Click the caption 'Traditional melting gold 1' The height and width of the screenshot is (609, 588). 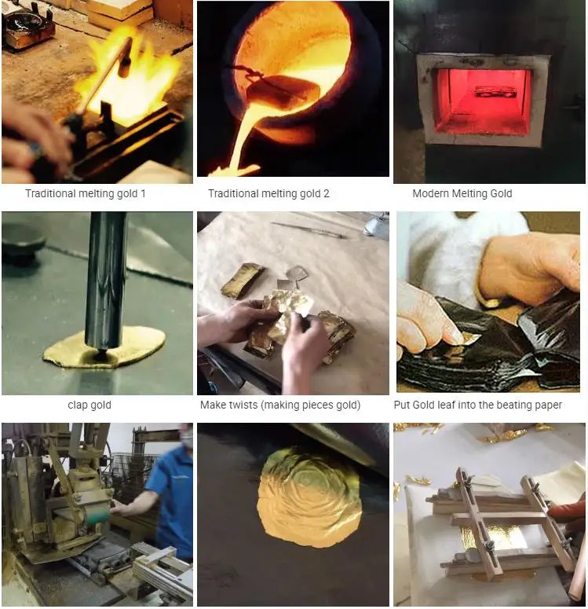pyautogui.click(x=86, y=193)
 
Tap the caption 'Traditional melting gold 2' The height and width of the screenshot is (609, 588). pyautogui.click(x=268, y=193)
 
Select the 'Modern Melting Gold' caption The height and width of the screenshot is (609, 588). pyautogui.click(x=462, y=193)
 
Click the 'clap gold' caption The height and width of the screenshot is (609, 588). pyautogui.click(x=89, y=405)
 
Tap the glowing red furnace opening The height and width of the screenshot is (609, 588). pyautogui.click(x=483, y=101)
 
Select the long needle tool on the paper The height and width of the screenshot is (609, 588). pyautogui.click(x=307, y=229)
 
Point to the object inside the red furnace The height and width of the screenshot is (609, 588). pyautogui.click(x=491, y=91)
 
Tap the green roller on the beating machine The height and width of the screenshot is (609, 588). pyautogui.click(x=98, y=517)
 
